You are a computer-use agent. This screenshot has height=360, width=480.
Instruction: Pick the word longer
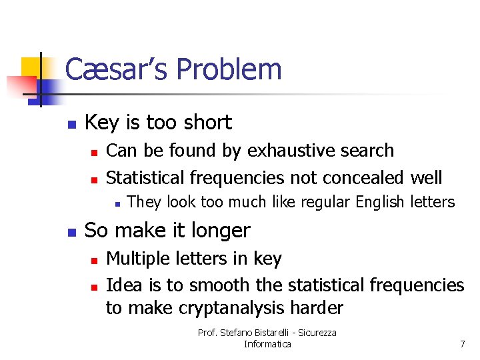pos(219,231)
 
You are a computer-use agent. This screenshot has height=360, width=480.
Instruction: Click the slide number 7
pos(462,344)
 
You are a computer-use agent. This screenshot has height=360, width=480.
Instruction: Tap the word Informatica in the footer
pos(267,344)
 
